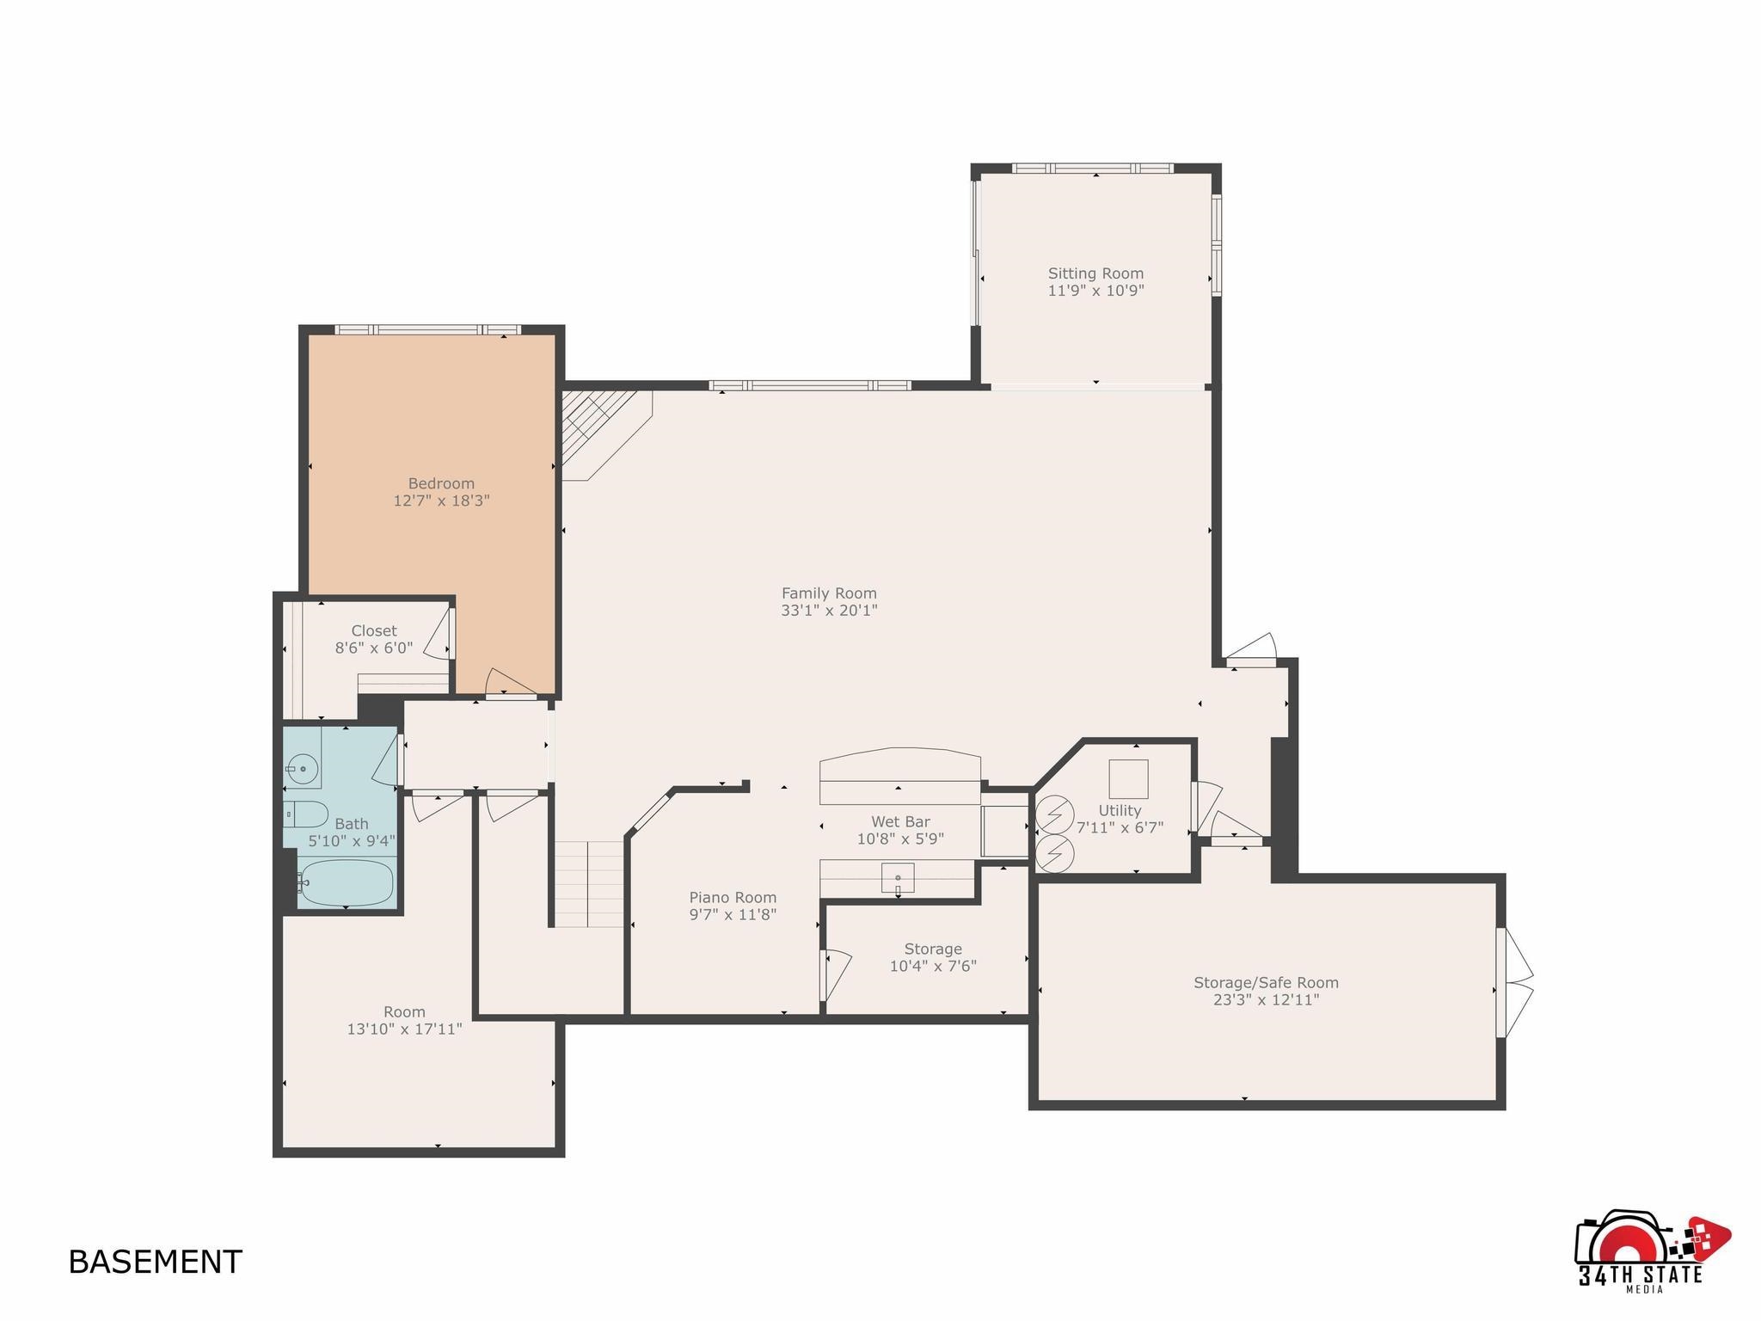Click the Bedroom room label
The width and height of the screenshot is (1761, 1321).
pyautogui.click(x=441, y=483)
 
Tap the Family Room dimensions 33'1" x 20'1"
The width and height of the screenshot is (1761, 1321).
pyautogui.click(x=829, y=611)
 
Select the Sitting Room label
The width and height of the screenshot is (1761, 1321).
pyautogui.click(x=1095, y=273)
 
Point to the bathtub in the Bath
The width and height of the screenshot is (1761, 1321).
pyautogui.click(x=346, y=882)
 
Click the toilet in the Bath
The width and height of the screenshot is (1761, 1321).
pyautogui.click(x=305, y=814)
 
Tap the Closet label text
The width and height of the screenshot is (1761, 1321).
pyautogui.click(x=374, y=630)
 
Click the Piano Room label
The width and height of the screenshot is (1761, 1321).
pyautogui.click(x=733, y=898)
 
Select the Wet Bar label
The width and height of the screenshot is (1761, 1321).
pyautogui.click(x=900, y=822)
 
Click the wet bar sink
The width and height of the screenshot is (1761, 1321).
pyautogui.click(x=897, y=878)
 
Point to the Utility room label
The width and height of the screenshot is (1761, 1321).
pyautogui.click(x=1120, y=811)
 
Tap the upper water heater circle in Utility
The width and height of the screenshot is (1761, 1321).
pyautogui.click(x=1055, y=814)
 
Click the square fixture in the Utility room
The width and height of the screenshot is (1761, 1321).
pyautogui.click(x=1128, y=779)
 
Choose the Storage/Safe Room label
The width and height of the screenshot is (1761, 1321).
pyautogui.click(x=1266, y=982)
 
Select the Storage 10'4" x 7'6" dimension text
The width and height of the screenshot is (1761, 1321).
pyautogui.click(x=933, y=967)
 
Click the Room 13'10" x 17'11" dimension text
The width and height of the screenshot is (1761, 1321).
pyautogui.click(x=404, y=1029)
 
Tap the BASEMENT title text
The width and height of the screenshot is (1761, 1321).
pyautogui.click(x=155, y=1262)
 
